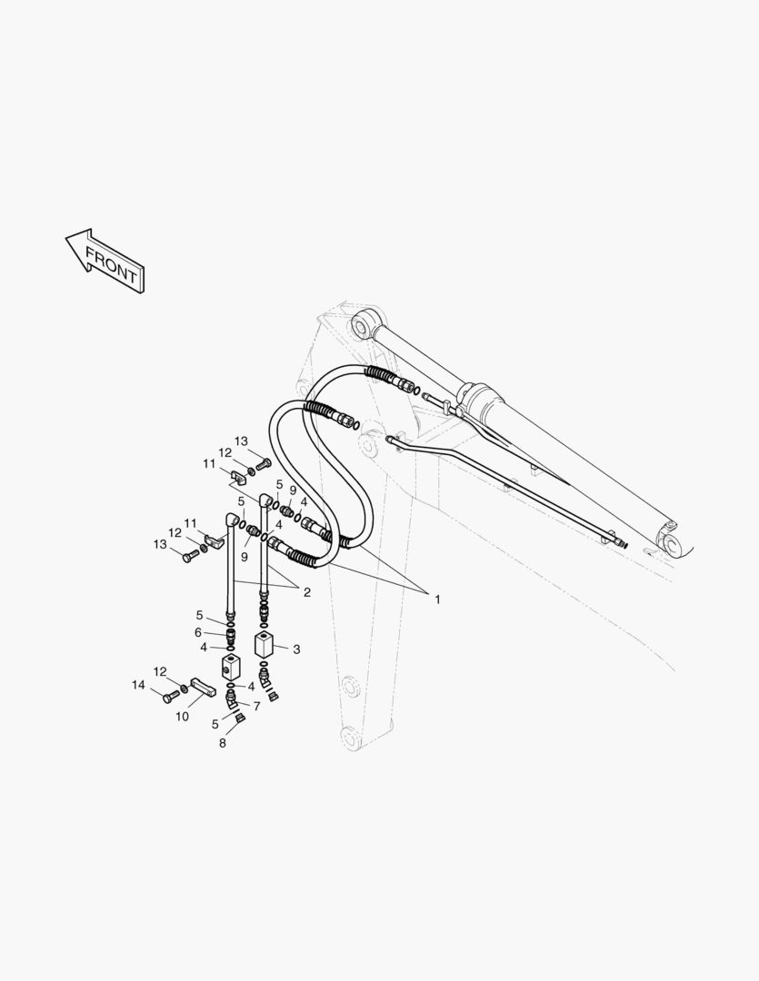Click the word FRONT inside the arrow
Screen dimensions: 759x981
[111, 263]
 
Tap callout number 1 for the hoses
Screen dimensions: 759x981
[437, 599]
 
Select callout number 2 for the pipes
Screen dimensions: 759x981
[306, 592]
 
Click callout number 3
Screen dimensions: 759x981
[296, 649]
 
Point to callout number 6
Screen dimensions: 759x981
[197, 632]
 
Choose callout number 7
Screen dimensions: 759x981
[257, 706]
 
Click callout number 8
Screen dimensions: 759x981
[222, 743]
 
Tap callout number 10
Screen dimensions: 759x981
[182, 716]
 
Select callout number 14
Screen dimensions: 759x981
[138, 685]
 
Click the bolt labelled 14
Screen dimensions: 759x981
[170, 697]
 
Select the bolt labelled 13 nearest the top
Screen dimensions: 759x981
[265, 464]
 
